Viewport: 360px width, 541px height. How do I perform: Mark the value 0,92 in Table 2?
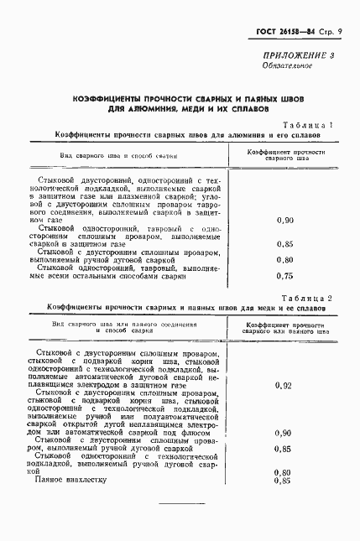[283, 385]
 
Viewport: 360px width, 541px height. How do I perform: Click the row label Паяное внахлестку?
[70, 479]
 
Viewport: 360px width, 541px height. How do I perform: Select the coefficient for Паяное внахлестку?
[283, 480]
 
